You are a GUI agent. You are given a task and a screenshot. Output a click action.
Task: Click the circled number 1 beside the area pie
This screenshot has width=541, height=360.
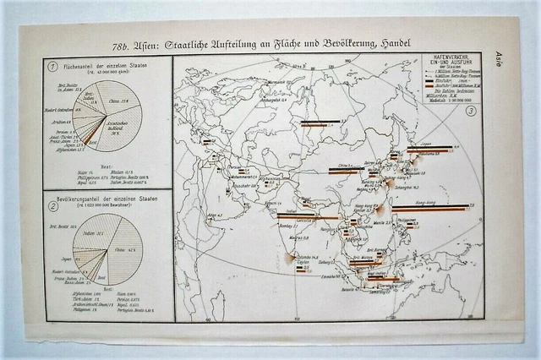tap(53, 67)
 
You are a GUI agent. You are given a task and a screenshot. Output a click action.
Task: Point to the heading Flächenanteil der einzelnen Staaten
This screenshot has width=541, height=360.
tap(108, 64)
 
